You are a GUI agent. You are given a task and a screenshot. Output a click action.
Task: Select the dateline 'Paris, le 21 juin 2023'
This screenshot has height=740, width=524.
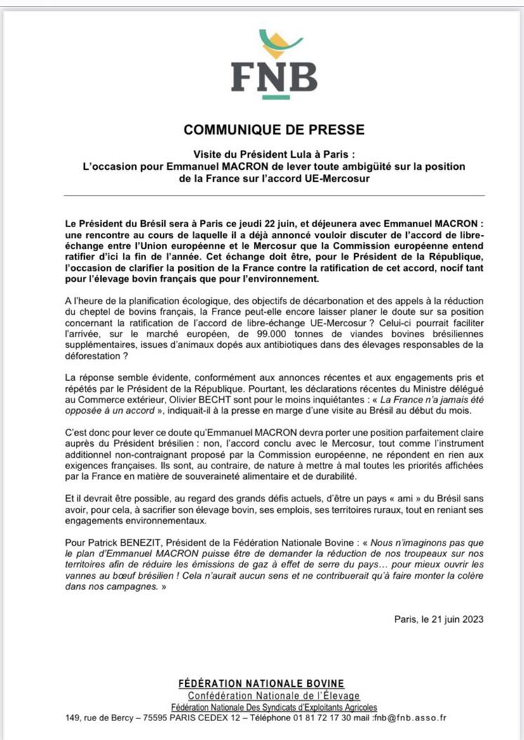tap(439, 619)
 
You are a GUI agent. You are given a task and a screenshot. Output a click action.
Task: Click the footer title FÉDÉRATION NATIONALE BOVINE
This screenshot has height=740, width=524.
tap(262, 683)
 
